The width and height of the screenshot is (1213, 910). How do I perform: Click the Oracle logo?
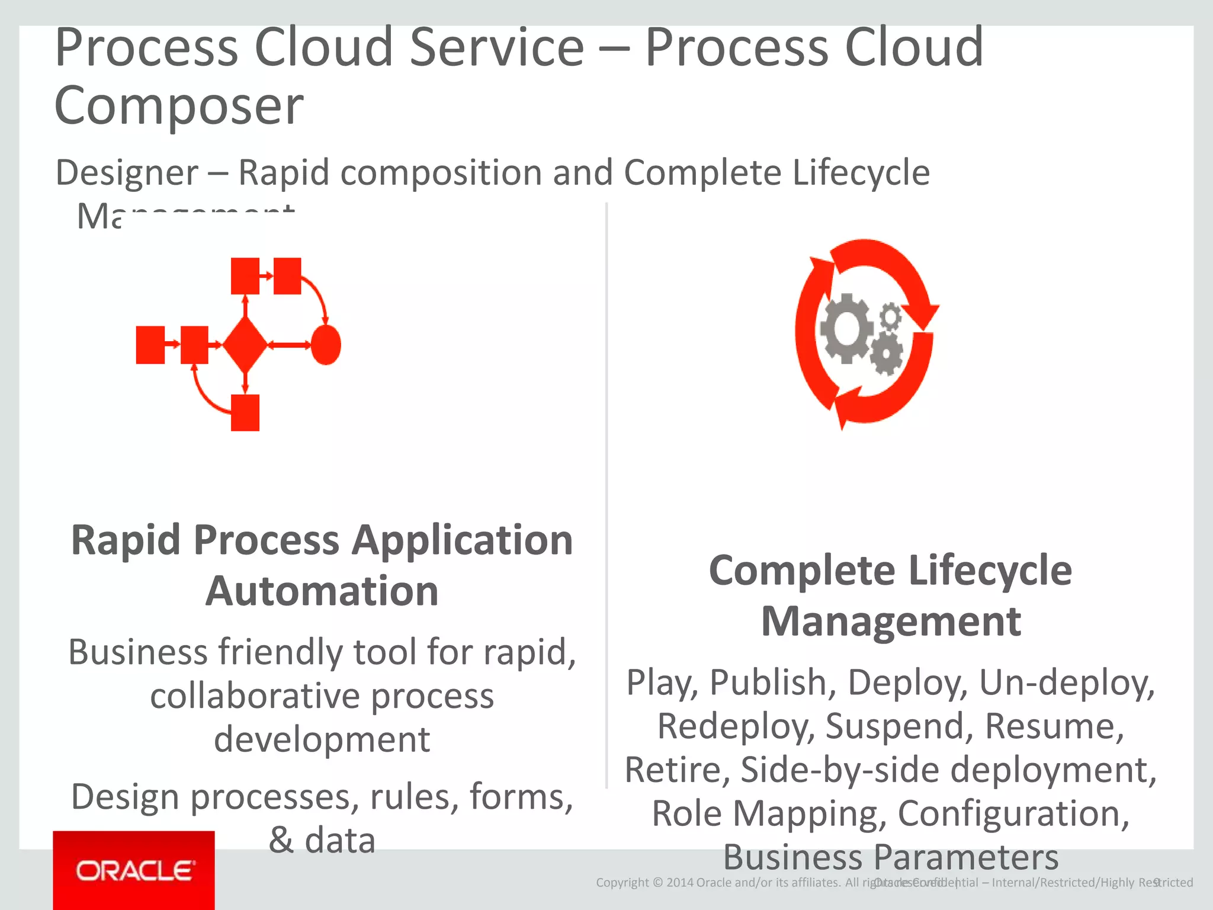[x=134, y=870]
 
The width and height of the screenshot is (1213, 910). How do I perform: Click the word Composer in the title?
[x=179, y=105]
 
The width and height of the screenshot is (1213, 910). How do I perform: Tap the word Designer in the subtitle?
[x=127, y=172]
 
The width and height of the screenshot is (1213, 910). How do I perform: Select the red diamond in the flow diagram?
[x=245, y=345]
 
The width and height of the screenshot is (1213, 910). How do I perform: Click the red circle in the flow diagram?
[x=326, y=345]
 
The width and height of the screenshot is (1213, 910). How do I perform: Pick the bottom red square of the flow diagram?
[x=245, y=413]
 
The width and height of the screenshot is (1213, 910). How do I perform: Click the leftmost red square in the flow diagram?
[x=150, y=345]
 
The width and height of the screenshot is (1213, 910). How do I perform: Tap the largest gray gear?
[x=846, y=328]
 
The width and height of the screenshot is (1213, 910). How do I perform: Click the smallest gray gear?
[x=890, y=316]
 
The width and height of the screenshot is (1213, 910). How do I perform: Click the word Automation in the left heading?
[x=322, y=591]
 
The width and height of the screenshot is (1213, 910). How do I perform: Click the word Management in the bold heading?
[x=891, y=621]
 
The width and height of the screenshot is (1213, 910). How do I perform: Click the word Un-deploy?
[x=1066, y=682]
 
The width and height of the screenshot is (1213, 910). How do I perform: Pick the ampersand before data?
[x=281, y=840]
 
